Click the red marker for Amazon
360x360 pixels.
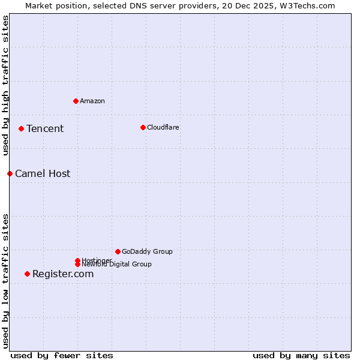(76, 101)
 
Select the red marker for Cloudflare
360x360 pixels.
(143, 127)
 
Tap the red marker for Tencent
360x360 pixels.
(21, 128)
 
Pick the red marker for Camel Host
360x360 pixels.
(10, 173)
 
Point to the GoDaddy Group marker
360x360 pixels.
(118, 251)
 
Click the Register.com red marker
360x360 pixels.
(27, 274)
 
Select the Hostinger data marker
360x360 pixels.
(77, 260)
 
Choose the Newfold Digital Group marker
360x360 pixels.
(77, 265)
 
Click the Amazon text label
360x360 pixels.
(92, 101)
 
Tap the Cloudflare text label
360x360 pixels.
(163, 127)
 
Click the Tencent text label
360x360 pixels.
(45, 128)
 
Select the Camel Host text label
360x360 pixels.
(43, 173)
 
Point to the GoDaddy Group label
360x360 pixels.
(147, 251)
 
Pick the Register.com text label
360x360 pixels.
(63, 274)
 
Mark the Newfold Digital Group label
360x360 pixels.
(117, 265)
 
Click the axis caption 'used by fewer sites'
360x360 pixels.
(62, 355)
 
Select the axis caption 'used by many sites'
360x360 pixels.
(301, 355)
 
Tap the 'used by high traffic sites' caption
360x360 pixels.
(5, 86)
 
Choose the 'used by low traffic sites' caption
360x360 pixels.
(5, 281)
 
